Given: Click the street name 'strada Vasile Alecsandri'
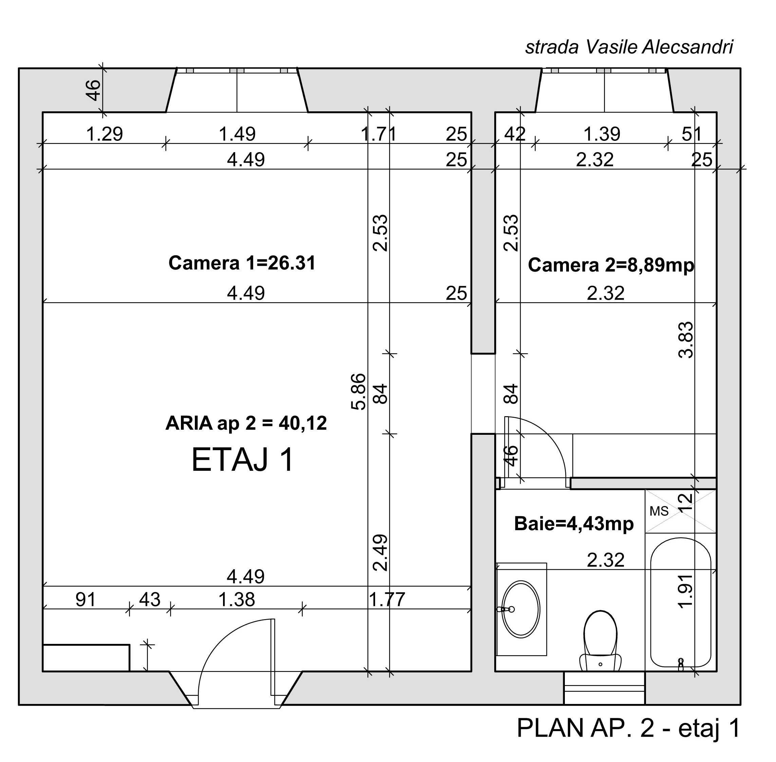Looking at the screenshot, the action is (x=629, y=47).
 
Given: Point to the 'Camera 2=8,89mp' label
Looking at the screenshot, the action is (x=611, y=265).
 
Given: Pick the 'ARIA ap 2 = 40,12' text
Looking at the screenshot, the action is (x=246, y=423).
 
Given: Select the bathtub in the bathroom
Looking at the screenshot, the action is (x=681, y=603).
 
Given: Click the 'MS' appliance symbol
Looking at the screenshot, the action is (x=659, y=511).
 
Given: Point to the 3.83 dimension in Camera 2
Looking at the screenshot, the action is (x=686, y=340).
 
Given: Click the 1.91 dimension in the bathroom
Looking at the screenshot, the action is (x=685, y=591).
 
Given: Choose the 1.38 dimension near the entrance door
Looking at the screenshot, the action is (x=237, y=599).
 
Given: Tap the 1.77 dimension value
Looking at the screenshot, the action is (x=387, y=599).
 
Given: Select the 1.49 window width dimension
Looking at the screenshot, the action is (x=237, y=134).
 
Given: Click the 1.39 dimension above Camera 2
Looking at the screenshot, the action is (x=602, y=134).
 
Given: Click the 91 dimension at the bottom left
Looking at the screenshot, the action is (x=86, y=599).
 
